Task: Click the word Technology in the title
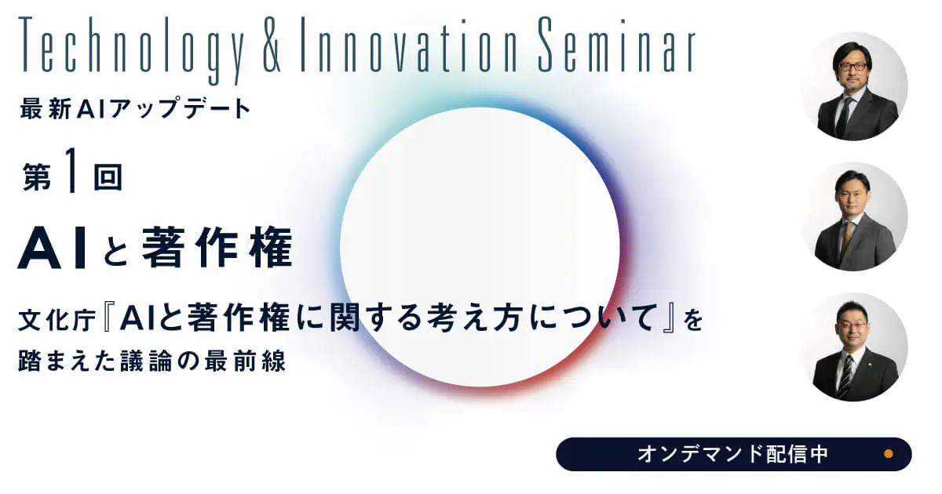point(131,50)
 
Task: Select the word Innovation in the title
point(408,45)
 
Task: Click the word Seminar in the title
point(617,45)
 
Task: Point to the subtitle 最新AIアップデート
point(135,108)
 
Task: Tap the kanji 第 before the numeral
point(37,177)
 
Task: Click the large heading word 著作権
point(217,247)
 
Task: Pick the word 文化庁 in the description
point(57,321)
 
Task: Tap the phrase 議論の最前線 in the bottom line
point(203,361)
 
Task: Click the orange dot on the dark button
point(889,454)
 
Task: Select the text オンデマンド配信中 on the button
point(733,454)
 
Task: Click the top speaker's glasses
point(853,67)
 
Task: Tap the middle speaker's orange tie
point(846,238)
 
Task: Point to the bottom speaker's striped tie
point(845,375)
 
